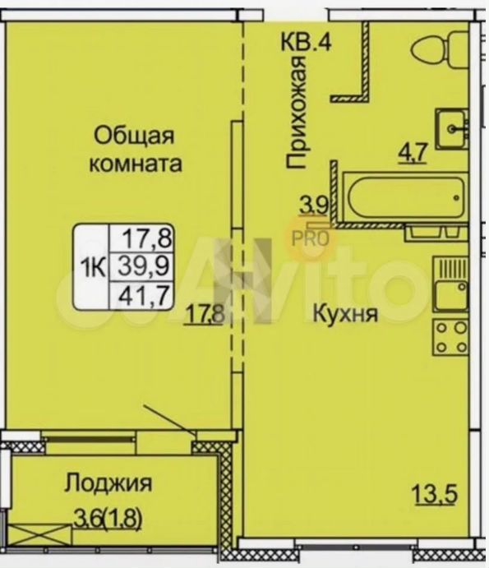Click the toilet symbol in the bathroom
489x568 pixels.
pyautogui.click(x=441, y=50)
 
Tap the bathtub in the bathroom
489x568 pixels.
pyautogui.click(x=405, y=197)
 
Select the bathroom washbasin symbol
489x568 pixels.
pyautogui.click(x=451, y=128)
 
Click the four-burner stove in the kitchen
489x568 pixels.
pyautogui.click(x=451, y=338)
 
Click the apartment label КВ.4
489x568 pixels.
pyautogui.click(x=306, y=42)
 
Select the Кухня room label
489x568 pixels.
pyautogui.click(x=345, y=314)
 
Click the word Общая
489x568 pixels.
pyautogui.click(x=135, y=137)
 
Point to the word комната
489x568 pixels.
pyautogui.click(x=136, y=164)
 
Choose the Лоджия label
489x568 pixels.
pyautogui.click(x=108, y=483)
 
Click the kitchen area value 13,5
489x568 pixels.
pyautogui.click(x=435, y=494)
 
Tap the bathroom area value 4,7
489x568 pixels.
pyautogui.click(x=413, y=154)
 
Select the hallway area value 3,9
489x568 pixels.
pyautogui.click(x=314, y=206)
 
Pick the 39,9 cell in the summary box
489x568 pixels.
pyautogui.click(x=144, y=267)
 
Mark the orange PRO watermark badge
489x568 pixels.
pyautogui.click(x=311, y=239)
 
